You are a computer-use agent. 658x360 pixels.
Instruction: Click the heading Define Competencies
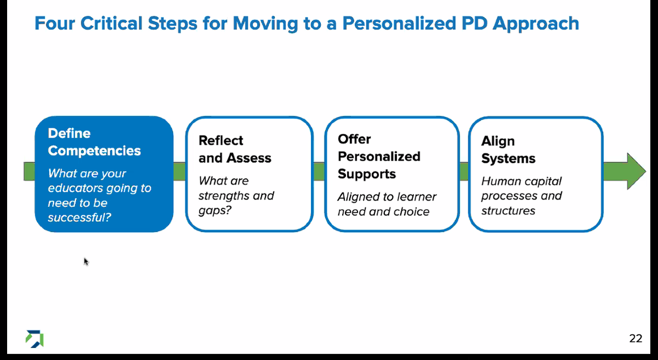pos(94,142)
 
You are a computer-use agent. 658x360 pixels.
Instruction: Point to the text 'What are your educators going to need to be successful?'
pos(99,196)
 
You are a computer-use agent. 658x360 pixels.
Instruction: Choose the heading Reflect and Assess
pos(235,149)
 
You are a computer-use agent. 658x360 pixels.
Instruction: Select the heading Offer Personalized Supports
pos(379,156)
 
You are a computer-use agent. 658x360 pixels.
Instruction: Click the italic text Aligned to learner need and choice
pos(387,204)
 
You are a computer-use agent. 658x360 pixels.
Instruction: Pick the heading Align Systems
pos(508,150)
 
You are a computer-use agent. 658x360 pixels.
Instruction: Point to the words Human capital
pos(521,181)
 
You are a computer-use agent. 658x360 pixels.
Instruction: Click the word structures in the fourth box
pos(508,210)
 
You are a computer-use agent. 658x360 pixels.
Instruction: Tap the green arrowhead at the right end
pos(636,171)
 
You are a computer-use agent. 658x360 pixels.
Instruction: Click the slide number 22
pos(636,339)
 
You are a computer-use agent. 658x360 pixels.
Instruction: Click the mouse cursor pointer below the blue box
pos(86,261)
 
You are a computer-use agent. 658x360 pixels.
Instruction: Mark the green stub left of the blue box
pos(29,171)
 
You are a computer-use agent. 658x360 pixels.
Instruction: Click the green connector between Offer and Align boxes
pos(464,171)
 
